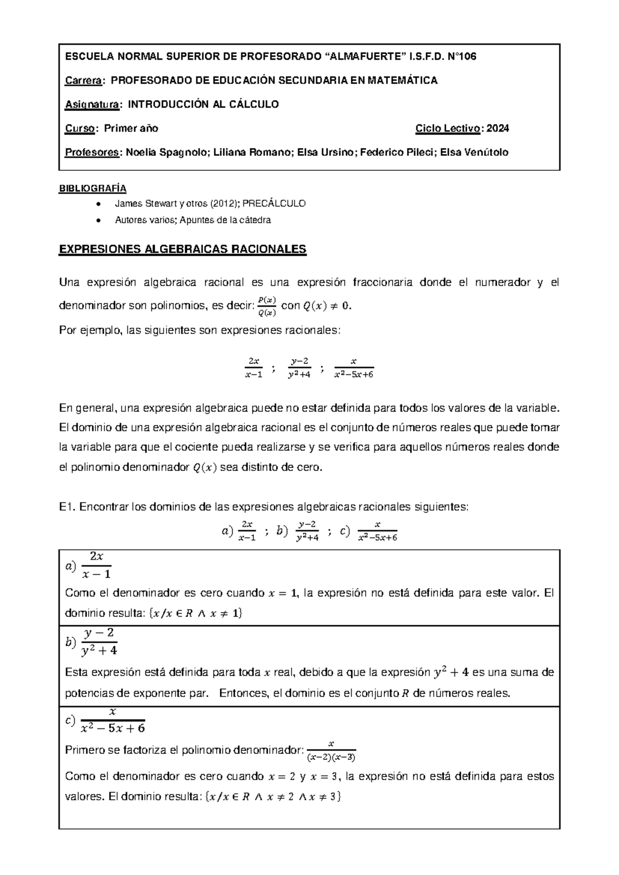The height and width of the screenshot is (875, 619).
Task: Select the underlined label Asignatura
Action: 92,104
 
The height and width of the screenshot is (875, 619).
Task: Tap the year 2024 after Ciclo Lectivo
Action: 498,128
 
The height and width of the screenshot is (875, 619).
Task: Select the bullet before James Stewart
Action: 99,204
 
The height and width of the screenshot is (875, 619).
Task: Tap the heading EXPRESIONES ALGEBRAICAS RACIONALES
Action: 183,250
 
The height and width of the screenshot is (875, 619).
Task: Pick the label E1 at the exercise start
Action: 68,507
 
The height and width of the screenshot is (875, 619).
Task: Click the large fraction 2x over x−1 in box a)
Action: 96,565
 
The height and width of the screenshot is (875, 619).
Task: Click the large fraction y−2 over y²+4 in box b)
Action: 99,642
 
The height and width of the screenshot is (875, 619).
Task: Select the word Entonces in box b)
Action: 243,693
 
